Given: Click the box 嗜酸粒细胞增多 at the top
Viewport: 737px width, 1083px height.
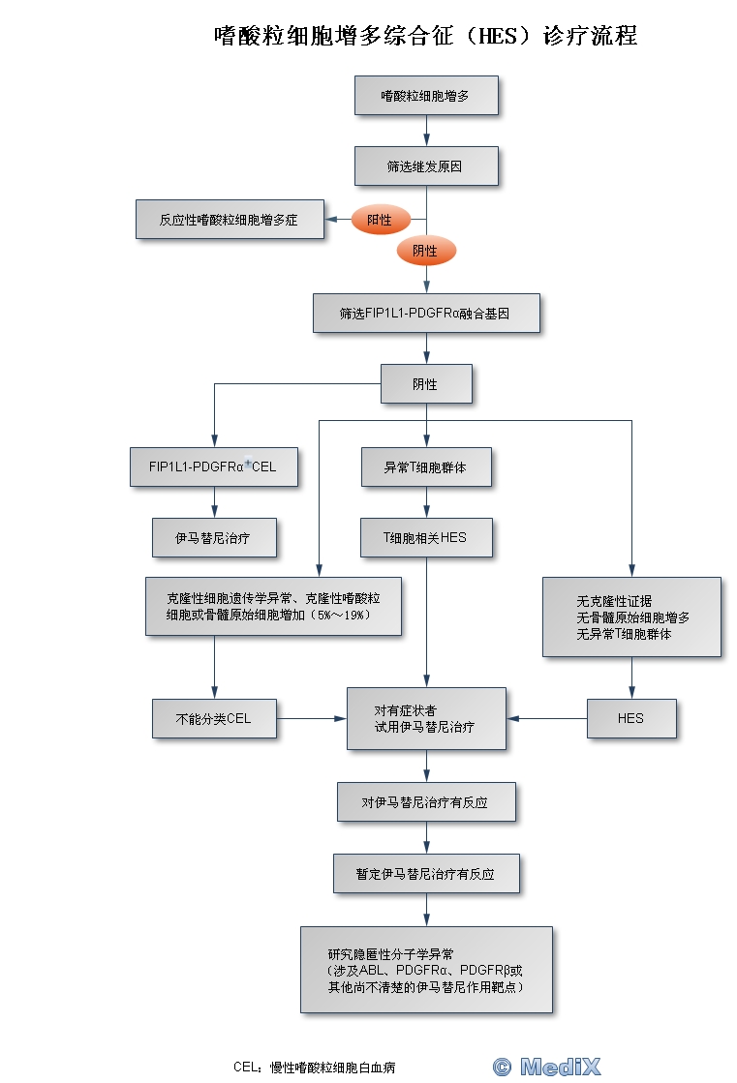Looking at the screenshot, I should [x=426, y=97].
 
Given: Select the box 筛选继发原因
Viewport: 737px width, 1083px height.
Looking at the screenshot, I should [x=426, y=165].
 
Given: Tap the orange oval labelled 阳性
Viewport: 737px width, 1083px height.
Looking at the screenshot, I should [x=380, y=220].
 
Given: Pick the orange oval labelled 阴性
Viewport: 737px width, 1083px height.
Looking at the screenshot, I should [x=425, y=251].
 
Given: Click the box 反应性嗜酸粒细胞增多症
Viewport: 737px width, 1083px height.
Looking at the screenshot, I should [x=229, y=220].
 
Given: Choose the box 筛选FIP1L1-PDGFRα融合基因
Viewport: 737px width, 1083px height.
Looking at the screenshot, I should [x=426, y=314].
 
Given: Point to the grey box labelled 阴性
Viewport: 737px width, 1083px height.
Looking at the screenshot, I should [x=426, y=383].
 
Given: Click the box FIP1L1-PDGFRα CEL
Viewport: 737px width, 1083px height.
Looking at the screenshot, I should [x=214, y=466].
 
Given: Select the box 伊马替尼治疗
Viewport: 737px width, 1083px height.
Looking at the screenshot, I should [x=214, y=537].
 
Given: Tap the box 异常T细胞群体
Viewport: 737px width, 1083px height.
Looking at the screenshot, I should [x=426, y=466].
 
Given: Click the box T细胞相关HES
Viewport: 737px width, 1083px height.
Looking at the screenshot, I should [x=426, y=537].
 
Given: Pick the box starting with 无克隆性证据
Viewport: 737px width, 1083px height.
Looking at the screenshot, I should [x=631, y=617].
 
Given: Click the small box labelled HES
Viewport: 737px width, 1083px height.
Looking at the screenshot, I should [x=631, y=718].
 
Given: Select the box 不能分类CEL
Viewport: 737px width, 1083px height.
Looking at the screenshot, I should [x=214, y=718].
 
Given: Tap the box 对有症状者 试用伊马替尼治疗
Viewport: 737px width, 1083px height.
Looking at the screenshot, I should [x=426, y=718].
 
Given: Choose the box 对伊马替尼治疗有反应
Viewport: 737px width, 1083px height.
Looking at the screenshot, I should [x=426, y=802].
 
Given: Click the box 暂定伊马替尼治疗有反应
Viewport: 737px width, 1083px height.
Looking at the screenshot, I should [x=426, y=873].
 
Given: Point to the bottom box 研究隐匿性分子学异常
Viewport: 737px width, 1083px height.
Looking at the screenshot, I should [x=426, y=970].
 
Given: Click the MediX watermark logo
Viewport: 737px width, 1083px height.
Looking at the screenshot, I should [x=548, y=1067].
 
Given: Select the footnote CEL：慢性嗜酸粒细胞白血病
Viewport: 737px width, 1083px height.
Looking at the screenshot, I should [x=314, y=1068].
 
